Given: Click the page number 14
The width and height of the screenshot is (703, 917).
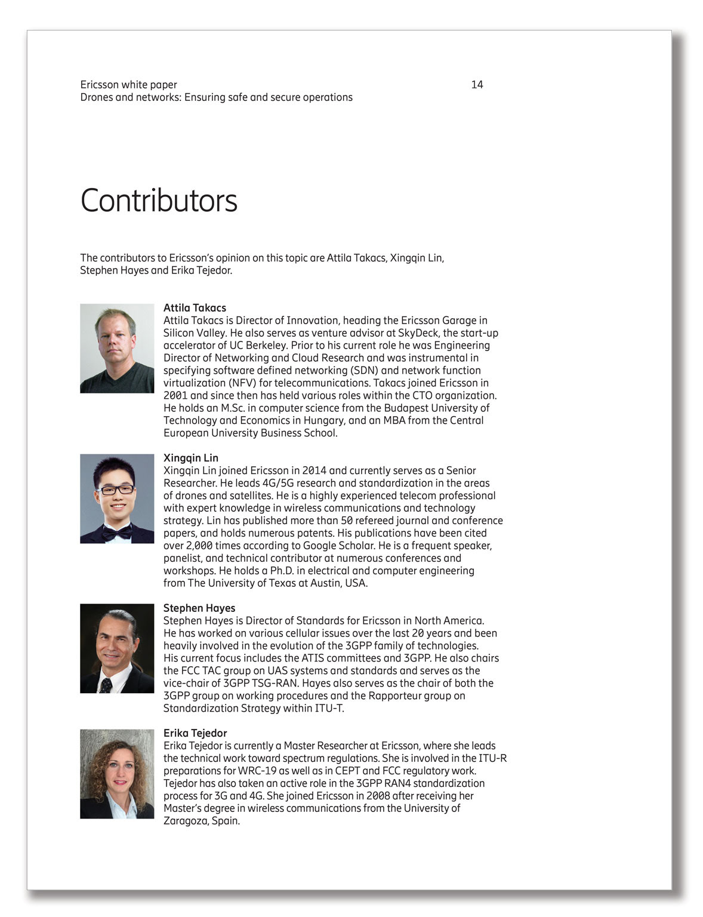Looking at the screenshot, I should (x=477, y=85).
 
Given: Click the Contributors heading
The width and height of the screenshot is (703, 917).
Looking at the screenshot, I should (x=159, y=201).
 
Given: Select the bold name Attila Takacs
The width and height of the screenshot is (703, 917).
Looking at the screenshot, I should (x=195, y=308).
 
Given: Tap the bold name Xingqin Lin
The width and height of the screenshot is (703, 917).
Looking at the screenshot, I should (x=190, y=458).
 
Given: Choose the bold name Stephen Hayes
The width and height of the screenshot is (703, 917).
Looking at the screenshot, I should (x=199, y=608).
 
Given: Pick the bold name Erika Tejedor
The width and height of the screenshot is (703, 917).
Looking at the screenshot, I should (x=195, y=733).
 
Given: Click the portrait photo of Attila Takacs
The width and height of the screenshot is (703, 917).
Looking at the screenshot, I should (x=117, y=348).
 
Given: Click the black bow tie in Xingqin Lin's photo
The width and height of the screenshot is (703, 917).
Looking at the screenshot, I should (x=116, y=532).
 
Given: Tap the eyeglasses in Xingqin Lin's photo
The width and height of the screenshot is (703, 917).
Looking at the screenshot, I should (x=116, y=490).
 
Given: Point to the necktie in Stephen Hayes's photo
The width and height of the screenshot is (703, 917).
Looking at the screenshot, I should (x=106, y=684).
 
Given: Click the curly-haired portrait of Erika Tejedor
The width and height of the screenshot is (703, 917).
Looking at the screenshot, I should (x=117, y=774).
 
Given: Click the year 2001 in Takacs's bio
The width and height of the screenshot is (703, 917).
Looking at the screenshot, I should (x=175, y=396).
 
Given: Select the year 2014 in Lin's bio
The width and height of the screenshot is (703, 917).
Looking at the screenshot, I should (x=314, y=470).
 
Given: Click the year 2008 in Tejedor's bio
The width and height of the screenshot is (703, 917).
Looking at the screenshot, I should (x=378, y=796).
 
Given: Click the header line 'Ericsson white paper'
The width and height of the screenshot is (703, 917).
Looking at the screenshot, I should (x=128, y=85).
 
